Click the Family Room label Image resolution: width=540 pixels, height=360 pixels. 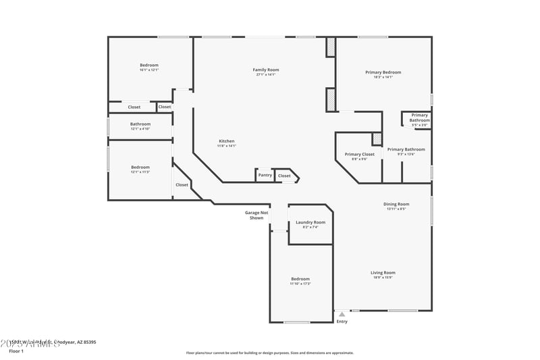(x=266, y=70)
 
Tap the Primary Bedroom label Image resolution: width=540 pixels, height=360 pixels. (x=383, y=72)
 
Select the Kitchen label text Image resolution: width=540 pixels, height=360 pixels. (x=226, y=141)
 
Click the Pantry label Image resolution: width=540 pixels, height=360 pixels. (x=265, y=176)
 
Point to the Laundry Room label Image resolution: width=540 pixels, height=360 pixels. (x=310, y=222)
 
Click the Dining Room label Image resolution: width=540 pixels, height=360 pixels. (x=396, y=204)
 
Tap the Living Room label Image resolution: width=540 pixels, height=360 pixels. (x=383, y=273)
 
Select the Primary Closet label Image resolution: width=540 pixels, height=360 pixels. (x=359, y=154)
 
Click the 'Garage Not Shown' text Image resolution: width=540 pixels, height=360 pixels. (x=256, y=215)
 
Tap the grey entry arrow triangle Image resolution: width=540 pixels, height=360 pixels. (x=342, y=314)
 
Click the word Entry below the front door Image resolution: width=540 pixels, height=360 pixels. (x=342, y=322)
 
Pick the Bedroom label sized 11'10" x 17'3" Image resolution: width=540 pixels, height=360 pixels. (x=300, y=279)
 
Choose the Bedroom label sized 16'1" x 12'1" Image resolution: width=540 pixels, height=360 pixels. (x=149, y=66)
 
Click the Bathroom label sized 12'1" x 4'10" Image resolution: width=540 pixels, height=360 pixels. (x=140, y=124)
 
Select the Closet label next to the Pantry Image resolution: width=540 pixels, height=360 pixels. (x=284, y=176)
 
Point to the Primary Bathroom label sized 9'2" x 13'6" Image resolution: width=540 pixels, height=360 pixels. (x=406, y=149)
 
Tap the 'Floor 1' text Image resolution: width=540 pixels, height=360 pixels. (x=16, y=351)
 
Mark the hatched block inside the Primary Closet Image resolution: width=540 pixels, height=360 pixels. (x=377, y=139)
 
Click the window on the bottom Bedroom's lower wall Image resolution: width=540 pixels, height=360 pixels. (x=296, y=322)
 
